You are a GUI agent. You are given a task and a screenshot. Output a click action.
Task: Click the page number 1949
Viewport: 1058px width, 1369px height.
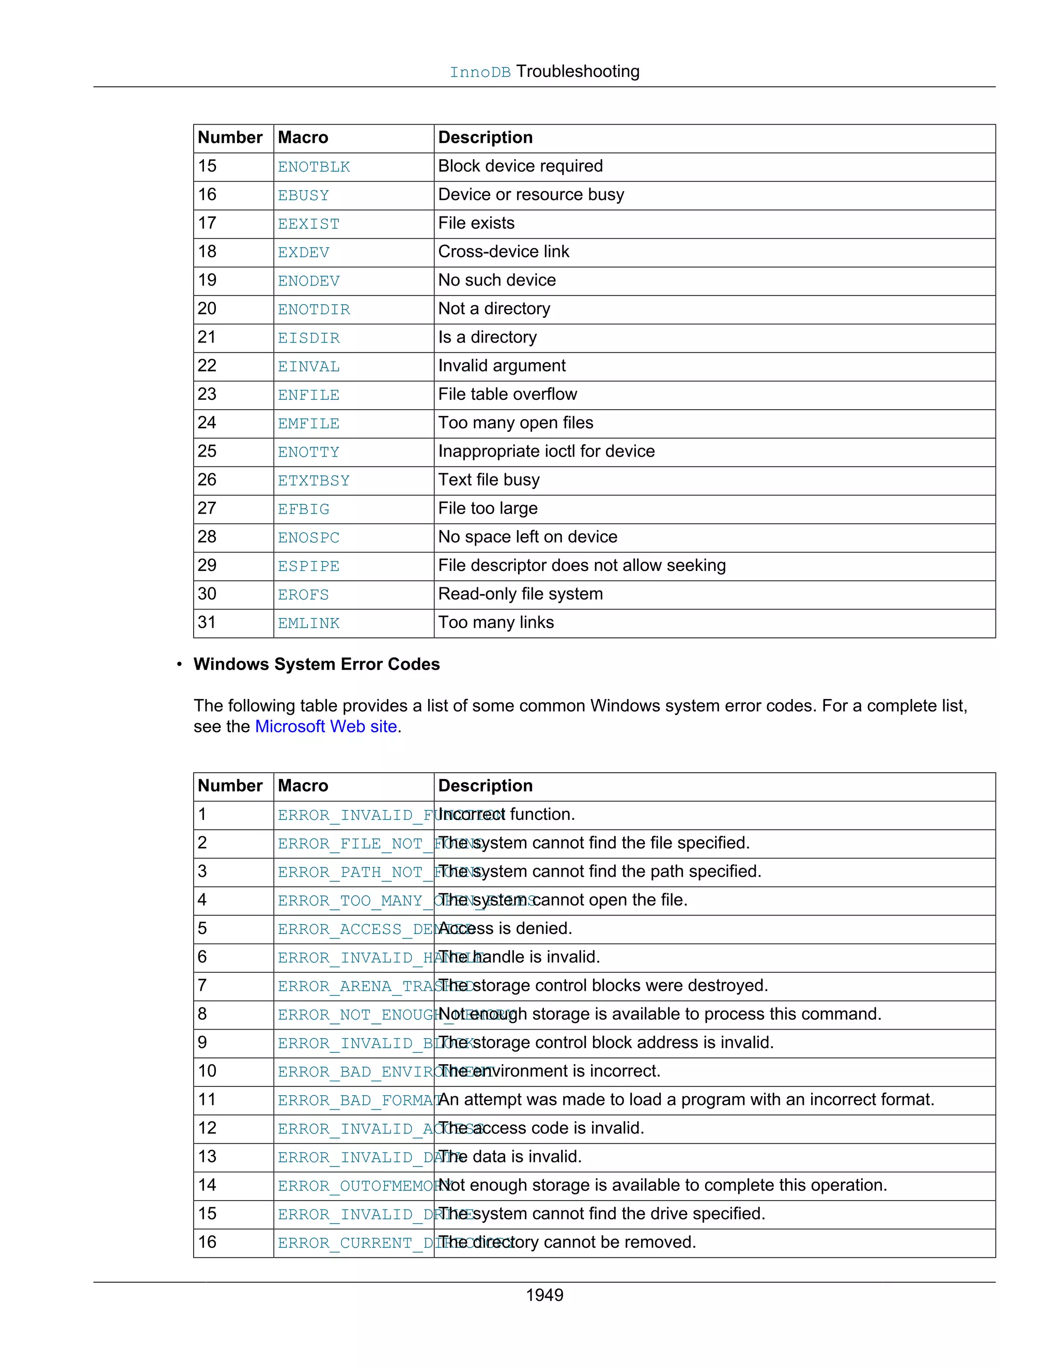544,1295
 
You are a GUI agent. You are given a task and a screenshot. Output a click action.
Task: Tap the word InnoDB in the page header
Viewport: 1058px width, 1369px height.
480,72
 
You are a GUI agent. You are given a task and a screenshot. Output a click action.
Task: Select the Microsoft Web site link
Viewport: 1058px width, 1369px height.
326,726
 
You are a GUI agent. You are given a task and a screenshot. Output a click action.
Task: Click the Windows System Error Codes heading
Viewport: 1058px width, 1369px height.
317,664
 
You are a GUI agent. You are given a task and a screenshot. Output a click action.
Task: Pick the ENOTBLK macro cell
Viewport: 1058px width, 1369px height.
314,167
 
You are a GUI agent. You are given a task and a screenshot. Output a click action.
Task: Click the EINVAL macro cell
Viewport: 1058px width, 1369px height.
308,367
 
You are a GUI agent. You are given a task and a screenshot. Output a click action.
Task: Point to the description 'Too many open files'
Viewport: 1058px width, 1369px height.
515,423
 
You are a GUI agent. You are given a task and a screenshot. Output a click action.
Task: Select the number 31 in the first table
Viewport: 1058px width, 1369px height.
207,623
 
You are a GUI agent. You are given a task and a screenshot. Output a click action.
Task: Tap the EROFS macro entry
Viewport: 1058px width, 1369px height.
303,595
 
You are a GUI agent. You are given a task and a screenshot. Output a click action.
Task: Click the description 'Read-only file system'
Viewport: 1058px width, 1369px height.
520,594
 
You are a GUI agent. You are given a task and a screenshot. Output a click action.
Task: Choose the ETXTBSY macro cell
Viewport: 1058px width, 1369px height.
314,481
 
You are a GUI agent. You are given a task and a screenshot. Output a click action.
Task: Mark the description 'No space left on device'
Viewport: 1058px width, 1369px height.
528,537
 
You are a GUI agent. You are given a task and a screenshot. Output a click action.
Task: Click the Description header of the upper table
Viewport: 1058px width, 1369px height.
485,138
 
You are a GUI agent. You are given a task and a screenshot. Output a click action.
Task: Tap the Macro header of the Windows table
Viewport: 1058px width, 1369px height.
303,786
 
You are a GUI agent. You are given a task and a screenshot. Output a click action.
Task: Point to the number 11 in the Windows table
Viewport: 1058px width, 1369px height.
207,1099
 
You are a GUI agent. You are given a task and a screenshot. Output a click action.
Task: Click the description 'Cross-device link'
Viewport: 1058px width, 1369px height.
503,252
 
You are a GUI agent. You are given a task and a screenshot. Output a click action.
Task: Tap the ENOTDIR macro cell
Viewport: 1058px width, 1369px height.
314,309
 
